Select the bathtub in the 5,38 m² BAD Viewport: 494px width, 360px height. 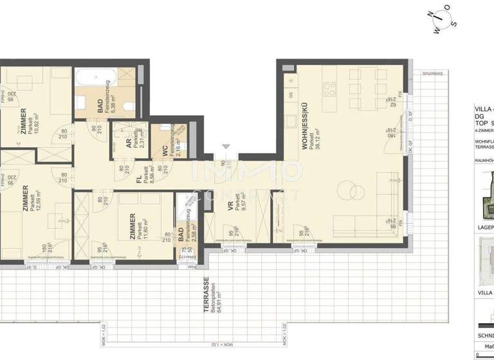[x=94, y=80]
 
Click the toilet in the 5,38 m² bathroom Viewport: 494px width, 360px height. [x=129, y=107]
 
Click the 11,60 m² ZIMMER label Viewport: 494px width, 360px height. [x=132, y=226]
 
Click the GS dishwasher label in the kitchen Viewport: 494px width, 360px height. [x=291, y=94]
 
